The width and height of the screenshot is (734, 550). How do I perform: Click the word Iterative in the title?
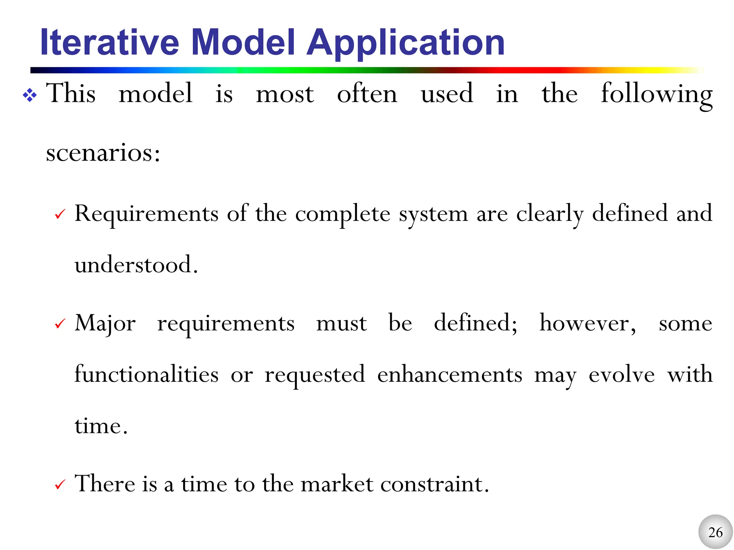110,43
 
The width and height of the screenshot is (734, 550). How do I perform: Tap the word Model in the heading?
243,43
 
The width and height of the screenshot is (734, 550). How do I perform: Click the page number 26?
715,532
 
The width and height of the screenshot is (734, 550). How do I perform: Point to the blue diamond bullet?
30,95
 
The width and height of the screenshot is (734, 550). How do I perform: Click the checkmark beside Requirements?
60,214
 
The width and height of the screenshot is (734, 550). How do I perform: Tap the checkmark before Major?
60,324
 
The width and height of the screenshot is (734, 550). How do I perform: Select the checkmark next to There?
60,485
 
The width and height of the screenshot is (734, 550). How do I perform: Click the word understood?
136,265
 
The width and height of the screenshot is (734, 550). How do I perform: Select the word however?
587,323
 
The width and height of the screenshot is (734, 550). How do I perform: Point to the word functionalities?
146,375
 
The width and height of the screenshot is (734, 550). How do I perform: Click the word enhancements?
449,375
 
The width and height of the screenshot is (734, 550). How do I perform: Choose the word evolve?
622,375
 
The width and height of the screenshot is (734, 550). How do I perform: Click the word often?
367,94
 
